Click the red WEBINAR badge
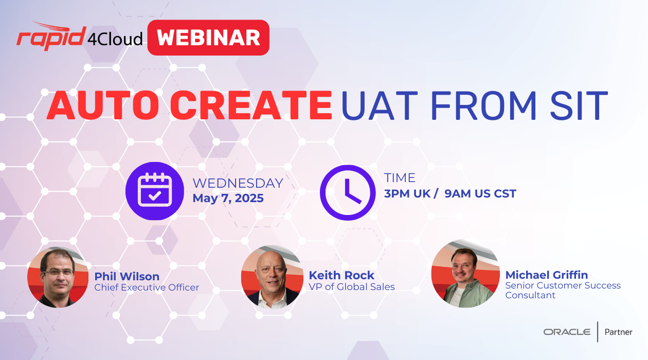[x=208, y=38]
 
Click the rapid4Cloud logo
[x=80, y=37]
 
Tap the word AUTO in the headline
[x=103, y=105]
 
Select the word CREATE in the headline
[x=251, y=105]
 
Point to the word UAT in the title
[x=380, y=105]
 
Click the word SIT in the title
[x=579, y=105]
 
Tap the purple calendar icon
[x=155, y=191]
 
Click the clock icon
[x=348, y=193]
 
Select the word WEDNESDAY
[x=238, y=183]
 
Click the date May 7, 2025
[x=228, y=198]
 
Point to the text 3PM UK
[x=407, y=193]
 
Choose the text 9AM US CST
[x=480, y=193]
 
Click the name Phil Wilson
[x=127, y=276]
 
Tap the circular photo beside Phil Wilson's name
[x=58, y=277]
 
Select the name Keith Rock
[x=341, y=275]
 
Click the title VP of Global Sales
[x=352, y=287]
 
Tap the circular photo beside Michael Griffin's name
[x=465, y=274]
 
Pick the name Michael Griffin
[x=547, y=275]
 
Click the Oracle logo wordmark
[x=567, y=332]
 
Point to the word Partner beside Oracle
[x=619, y=332]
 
